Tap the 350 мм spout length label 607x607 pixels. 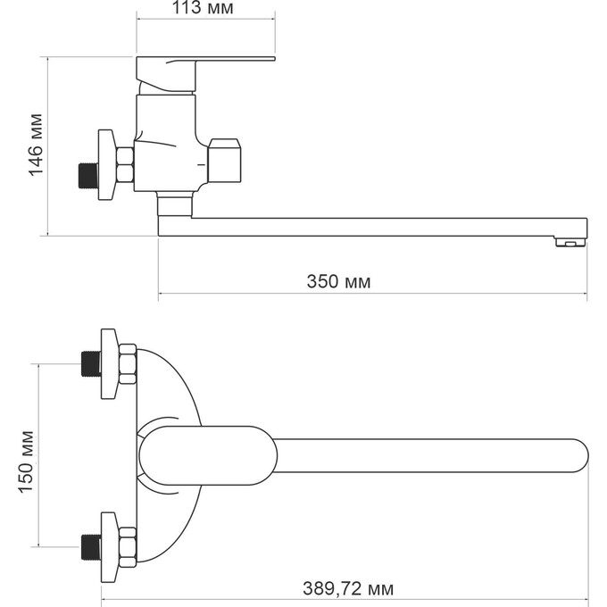[x=338, y=281]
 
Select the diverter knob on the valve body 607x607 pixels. [x=224, y=160]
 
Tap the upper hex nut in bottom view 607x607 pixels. [x=127, y=364]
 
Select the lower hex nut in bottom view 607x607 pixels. [x=127, y=545]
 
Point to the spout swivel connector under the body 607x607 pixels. [x=174, y=205]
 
